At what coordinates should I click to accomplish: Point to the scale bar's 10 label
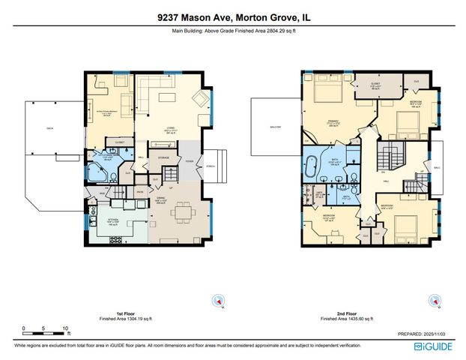65,328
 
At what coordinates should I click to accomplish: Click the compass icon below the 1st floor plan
217,300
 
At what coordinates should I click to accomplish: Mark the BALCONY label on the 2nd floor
276,127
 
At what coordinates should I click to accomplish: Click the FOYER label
192,158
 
